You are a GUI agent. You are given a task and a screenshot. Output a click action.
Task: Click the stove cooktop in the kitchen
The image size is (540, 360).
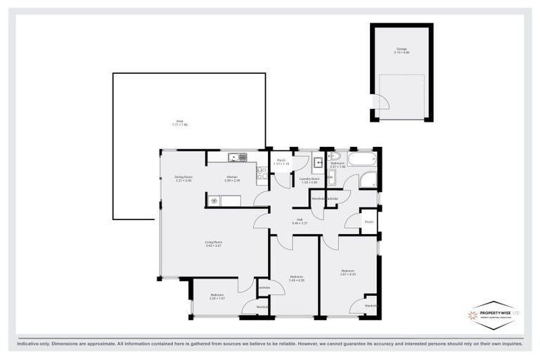coord(262,174)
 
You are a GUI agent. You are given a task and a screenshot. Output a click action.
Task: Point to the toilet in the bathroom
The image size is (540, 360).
coord(334,157)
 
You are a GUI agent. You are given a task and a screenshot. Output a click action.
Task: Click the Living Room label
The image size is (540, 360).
coord(213,243)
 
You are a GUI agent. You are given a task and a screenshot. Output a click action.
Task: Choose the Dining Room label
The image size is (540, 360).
coord(183,179)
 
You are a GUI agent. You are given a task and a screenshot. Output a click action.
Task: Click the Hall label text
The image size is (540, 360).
coord(300,221)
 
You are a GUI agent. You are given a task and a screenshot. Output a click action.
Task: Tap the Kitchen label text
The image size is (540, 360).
coord(231,179)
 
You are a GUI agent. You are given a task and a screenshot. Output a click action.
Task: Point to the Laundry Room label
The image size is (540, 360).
coord(310,180)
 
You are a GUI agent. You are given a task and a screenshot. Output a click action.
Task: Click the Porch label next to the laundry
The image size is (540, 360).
coord(281,161)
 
